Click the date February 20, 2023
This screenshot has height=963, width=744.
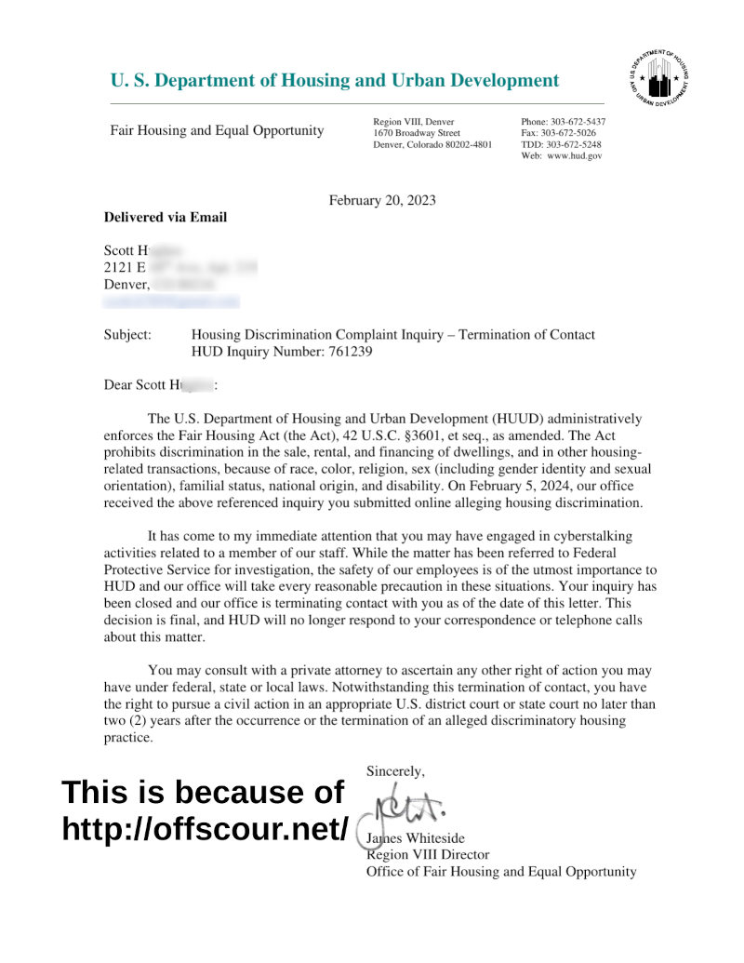pyautogui.click(x=382, y=200)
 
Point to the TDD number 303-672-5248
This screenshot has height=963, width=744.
pyautogui.click(x=573, y=144)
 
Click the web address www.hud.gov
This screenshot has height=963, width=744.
pyautogui.click(x=574, y=155)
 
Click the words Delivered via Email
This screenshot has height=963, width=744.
pyautogui.click(x=165, y=218)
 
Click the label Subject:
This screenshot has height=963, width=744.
pyautogui.click(x=127, y=335)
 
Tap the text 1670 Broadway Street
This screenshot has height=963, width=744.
pyautogui.click(x=417, y=133)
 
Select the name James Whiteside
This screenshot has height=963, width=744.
pyautogui.click(x=416, y=838)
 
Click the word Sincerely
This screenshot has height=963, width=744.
pyautogui.click(x=395, y=770)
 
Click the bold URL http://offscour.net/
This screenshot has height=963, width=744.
pyautogui.click(x=205, y=828)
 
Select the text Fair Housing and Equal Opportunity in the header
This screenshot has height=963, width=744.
pyautogui.click(x=217, y=130)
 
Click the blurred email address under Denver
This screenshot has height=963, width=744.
pyautogui.click(x=171, y=301)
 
